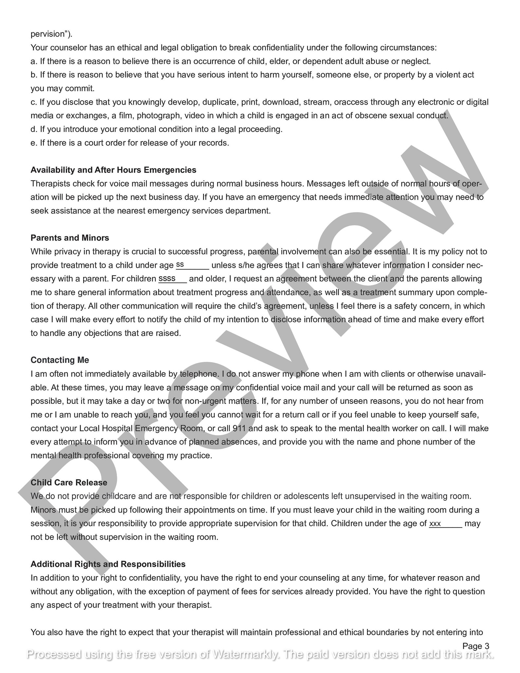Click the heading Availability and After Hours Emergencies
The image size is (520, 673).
[113, 170]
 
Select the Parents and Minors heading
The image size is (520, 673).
[70, 238]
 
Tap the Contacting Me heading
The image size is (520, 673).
[60, 360]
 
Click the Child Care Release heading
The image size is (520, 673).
[69, 482]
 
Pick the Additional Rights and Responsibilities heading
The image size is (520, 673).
[108, 564]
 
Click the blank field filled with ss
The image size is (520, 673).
[192, 265]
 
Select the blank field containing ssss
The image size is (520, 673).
[172, 279]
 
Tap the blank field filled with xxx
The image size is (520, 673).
[445, 523]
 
